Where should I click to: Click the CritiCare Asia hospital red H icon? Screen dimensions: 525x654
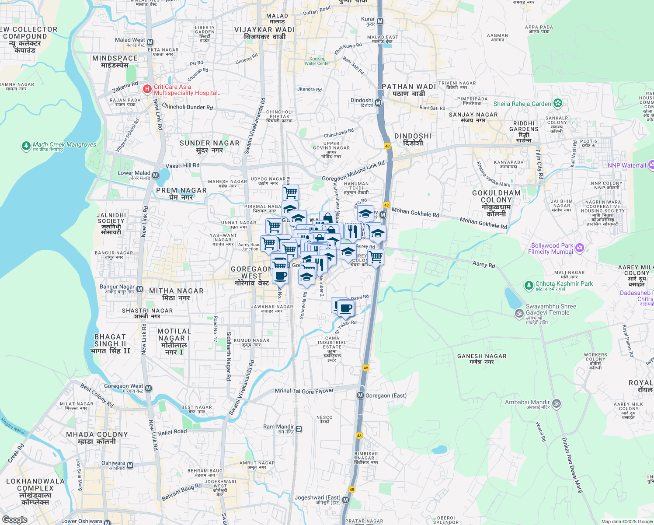(x=147, y=90)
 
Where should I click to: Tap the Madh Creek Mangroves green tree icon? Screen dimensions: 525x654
(x=26, y=145)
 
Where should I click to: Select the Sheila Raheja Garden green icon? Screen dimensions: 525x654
(x=557, y=103)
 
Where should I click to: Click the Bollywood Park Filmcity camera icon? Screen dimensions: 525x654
(x=580, y=248)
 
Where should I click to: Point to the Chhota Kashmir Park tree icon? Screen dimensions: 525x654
(x=529, y=285)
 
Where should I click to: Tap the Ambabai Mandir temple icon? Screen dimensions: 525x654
(x=557, y=403)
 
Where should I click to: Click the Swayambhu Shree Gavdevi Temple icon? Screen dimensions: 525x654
(x=519, y=313)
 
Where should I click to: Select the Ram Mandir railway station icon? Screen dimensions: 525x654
(x=299, y=429)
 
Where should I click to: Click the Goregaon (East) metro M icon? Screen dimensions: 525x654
(x=360, y=395)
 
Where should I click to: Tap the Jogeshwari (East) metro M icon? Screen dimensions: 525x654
(x=346, y=500)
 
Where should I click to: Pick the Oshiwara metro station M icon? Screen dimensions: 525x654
(x=130, y=465)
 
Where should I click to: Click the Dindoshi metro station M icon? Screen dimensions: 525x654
(x=378, y=103)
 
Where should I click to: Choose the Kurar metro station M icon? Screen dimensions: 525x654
(x=380, y=21)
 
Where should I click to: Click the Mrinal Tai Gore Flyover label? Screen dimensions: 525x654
(x=304, y=391)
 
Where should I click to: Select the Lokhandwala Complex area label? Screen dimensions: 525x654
(x=35, y=491)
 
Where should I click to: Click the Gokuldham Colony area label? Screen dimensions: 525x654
(x=496, y=203)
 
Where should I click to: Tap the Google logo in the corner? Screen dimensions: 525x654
(x=14, y=520)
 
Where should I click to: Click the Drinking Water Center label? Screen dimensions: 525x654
(x=317, y=61)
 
